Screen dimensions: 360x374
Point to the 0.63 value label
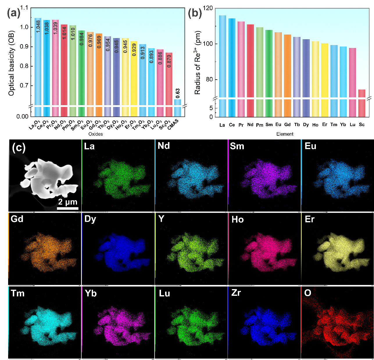(x=178, y=93)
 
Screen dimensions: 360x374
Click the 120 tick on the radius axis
(x=208, y=8)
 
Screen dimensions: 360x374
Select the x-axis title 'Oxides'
(x=96, y=134)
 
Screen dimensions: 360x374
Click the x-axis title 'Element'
(x=285, y=134)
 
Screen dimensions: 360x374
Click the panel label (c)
(x=19, y=148)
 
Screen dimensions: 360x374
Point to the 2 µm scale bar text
(x=68, y=202)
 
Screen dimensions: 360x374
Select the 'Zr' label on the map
(x=236, y=293)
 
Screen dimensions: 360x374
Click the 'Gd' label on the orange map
(x=17, y=218)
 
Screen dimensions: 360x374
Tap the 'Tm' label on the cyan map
(x=18, y=293)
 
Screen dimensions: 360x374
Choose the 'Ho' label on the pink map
(x=237, y=219)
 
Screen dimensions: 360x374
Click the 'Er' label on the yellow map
(x=310, y=219)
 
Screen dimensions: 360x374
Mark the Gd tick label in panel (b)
(x=287, y=125)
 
